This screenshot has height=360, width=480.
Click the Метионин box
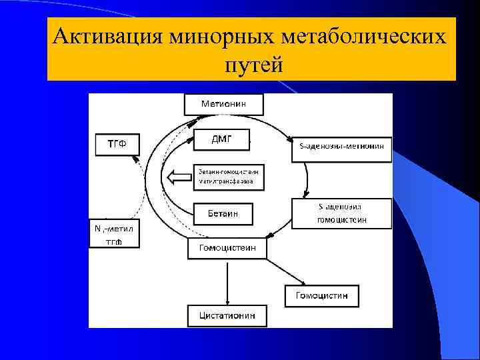coord(223,104)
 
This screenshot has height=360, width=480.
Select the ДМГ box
coord(221,139)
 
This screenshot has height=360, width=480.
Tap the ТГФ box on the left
coord(117,145)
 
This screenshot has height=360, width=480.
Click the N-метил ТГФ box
coord(115,234)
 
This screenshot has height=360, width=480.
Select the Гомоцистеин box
coord(227,249)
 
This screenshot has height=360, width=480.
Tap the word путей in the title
coord(253,65)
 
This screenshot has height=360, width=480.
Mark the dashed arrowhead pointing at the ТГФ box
coord(135,160)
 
